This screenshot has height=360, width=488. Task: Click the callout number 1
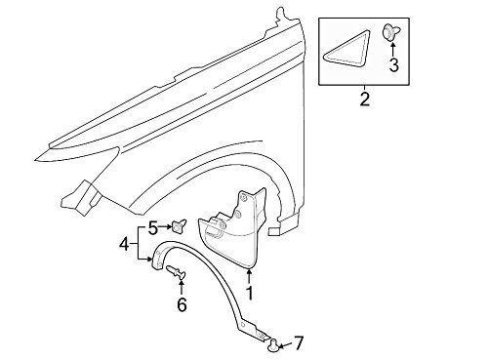pos(250,293)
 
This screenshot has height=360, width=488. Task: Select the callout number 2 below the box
pos(365,100)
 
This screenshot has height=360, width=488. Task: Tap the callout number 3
pos(393,65)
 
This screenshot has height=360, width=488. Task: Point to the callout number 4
pos(124,244)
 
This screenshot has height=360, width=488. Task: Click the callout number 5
pos(153,227)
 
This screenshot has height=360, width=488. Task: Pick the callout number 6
pos(182,304)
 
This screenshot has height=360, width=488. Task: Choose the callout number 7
pos(298,342)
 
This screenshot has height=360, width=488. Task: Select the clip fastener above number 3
pos(389,32)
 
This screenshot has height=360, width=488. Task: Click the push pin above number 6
pos(176,272)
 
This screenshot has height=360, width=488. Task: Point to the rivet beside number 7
pos(273,344)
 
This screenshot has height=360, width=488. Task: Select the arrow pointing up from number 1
pos(249,277)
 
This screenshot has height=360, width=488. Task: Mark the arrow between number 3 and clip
pos(393,49)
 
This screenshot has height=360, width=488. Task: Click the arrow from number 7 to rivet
pos(285,345)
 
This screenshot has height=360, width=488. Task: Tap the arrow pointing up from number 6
pos(182,287)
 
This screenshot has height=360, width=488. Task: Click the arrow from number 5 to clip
pos(165,226)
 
